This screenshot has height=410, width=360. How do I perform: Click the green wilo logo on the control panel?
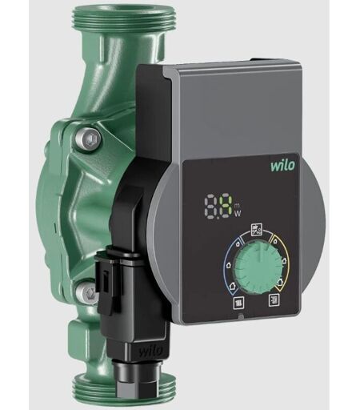[283, 165]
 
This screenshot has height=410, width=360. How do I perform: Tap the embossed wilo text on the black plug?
[150, 350]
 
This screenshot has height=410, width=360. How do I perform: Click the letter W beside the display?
[238, 214]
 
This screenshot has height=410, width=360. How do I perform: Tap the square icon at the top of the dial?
[257, 230]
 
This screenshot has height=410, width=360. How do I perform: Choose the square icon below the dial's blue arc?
[238, 303]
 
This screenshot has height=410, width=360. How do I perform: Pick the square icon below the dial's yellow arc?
[274, 299]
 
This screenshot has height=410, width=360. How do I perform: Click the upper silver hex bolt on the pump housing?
[88, 139]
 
